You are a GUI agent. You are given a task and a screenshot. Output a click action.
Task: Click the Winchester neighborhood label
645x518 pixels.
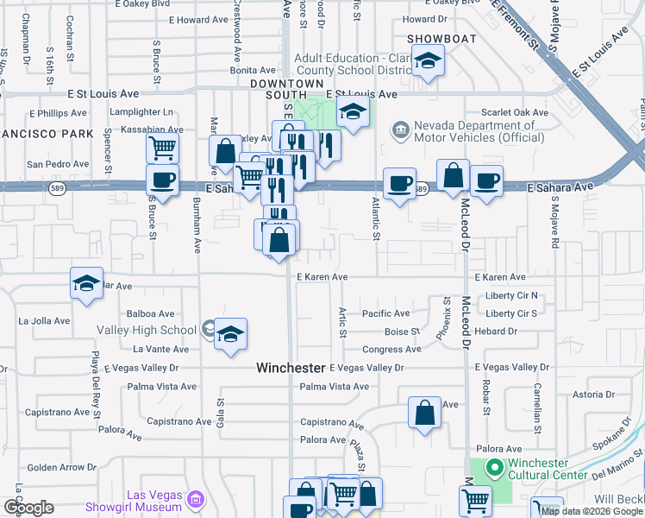point(291,368)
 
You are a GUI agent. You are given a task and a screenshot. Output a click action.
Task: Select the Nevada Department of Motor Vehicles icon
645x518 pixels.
point(400,130)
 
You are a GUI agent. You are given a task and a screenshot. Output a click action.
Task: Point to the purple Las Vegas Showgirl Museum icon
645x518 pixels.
point(196,500)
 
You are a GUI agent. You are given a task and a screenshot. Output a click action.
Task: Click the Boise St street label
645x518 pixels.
point(402,332)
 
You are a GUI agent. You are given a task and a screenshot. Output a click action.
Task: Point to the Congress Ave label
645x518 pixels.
point(391,350)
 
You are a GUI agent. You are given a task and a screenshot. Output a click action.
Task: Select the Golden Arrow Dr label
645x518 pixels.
point(53,468)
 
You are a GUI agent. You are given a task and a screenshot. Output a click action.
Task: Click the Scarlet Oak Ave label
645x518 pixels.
point(516,113)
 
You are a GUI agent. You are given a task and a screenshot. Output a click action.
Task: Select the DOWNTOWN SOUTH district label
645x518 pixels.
point(279,88)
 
